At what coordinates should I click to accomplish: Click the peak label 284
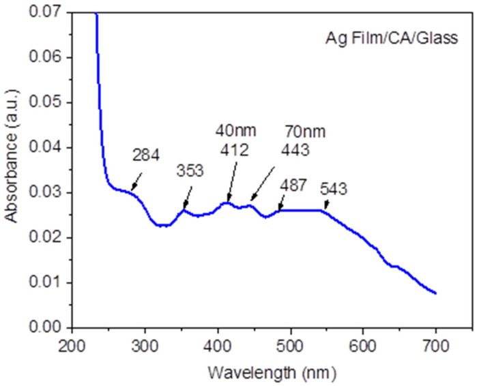click(146, 155)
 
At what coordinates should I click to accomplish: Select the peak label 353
click(190, 170)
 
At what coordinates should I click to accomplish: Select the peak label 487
click(293, 184)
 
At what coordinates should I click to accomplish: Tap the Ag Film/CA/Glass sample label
click(391, 40)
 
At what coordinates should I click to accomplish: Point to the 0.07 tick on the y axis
click(49, 13)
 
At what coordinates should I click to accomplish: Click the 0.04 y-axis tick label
click(49, 147)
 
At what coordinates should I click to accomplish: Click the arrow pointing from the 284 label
click(137, 181)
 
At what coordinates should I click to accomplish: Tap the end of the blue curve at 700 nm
click(435, 293)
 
